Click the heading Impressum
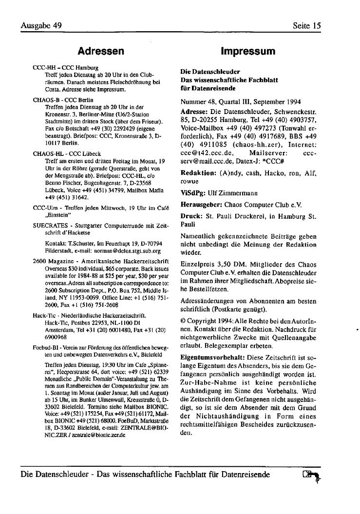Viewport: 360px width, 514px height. (247, 51)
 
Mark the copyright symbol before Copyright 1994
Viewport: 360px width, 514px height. (183, 322)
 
